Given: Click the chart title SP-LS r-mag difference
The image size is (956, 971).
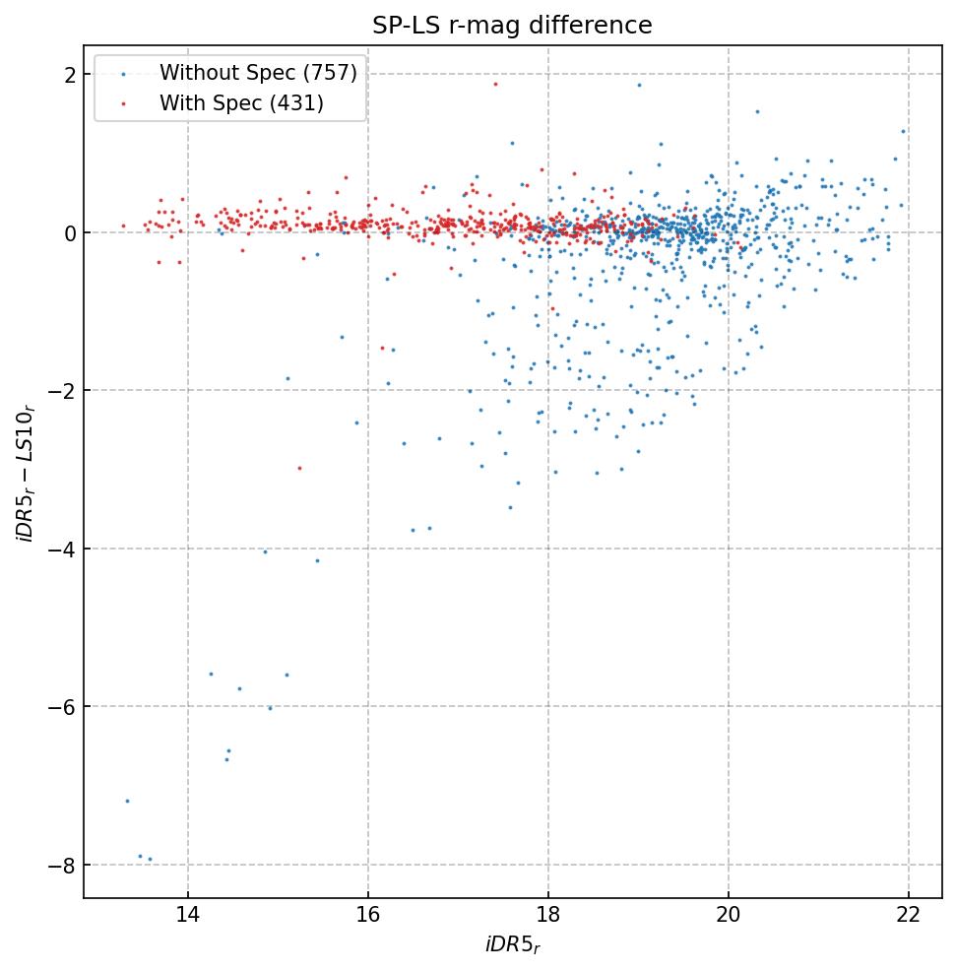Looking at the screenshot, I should coord(512,26).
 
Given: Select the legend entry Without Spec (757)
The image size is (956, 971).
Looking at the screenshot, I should coord(258,73).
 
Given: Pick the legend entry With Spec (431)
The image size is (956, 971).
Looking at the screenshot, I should coord(241,102).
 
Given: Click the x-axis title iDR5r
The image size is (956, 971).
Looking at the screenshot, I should coord(512,946).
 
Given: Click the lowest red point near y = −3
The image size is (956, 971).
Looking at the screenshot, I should coord(299,468).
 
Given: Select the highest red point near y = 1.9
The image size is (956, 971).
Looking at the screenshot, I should coord(495,84).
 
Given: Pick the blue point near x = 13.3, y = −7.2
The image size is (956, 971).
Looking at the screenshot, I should coord(127,801).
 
